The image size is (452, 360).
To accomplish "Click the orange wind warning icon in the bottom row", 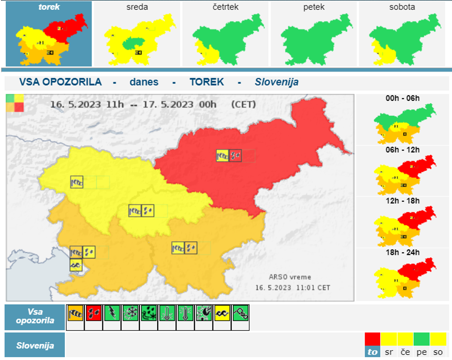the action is point(75,312).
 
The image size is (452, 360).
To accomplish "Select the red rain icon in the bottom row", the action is point(93,312).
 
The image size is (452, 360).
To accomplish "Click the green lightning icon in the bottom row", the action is point(112,312).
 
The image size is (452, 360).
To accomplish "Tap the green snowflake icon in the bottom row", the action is point(130,312).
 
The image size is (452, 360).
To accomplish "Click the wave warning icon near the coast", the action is point(76,265).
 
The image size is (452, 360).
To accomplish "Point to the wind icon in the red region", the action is point(223,155).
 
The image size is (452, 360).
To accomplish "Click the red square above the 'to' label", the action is point(373,339).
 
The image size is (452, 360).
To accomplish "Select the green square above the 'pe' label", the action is point(422,339).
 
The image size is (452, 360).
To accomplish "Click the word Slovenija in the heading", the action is point(276,82).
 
